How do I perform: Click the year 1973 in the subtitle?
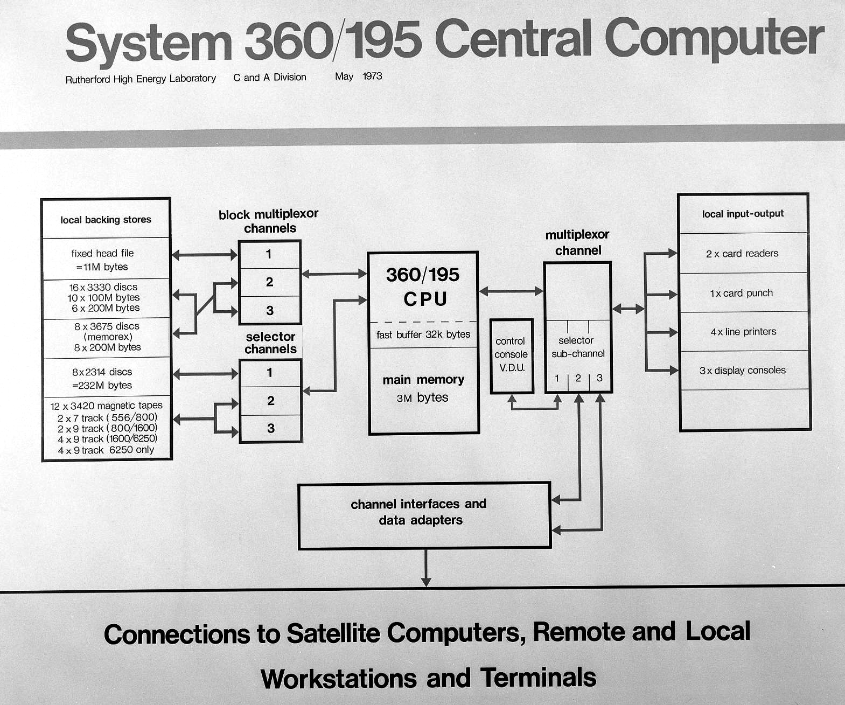click(372, 76)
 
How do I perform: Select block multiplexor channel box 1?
click(269, 254)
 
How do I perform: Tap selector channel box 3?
click(270, 429)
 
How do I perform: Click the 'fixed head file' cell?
click(106, 259)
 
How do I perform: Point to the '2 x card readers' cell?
click(743, 254)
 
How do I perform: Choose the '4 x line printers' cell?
click(743, 332)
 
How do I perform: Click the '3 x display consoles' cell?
click(743, 371)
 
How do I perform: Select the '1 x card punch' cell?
click(743, 293)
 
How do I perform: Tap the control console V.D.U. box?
click(512, 355)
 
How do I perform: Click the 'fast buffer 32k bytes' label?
click(423, 334)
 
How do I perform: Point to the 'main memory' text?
click(423, 380)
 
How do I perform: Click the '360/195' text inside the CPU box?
click(423, 275)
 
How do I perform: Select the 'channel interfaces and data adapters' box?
click(424, 516)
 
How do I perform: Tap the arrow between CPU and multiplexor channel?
click(511, 291)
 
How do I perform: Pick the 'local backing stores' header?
click(106, 220)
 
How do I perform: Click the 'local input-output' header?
click(743, 214)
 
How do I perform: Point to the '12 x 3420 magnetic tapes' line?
click(106, 406)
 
